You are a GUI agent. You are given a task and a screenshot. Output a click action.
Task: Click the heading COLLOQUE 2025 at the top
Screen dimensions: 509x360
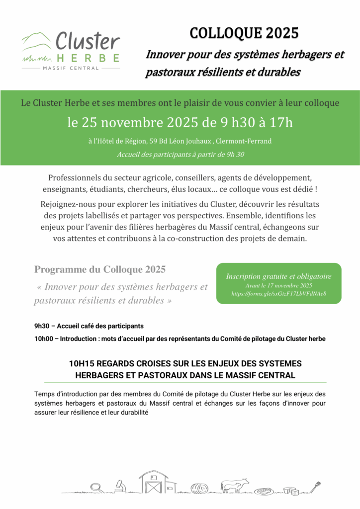click(x=244, y=33)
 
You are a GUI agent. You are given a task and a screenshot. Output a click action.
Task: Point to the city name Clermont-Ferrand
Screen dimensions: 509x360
click(x=244, y=141)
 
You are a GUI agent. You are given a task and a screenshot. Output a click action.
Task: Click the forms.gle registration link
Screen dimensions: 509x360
click(x=278, y=294)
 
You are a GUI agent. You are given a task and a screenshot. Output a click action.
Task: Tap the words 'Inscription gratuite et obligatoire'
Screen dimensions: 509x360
click(x=278, y=276)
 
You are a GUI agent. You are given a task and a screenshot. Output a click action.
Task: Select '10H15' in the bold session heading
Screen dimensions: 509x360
click(x=81, y=364)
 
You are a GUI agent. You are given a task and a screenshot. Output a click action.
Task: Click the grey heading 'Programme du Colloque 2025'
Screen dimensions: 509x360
click(x=100, y=269)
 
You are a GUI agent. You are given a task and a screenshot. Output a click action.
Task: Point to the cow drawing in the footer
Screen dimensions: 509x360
click(x=235, y=485)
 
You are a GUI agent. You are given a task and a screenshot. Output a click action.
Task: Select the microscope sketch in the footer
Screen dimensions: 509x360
click(x=119, y=486)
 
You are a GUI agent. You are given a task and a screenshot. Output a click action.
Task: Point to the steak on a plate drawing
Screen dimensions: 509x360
click(x=265, y=490)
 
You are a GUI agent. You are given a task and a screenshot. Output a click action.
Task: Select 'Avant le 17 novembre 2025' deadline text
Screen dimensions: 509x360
click(x=278, y=286)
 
